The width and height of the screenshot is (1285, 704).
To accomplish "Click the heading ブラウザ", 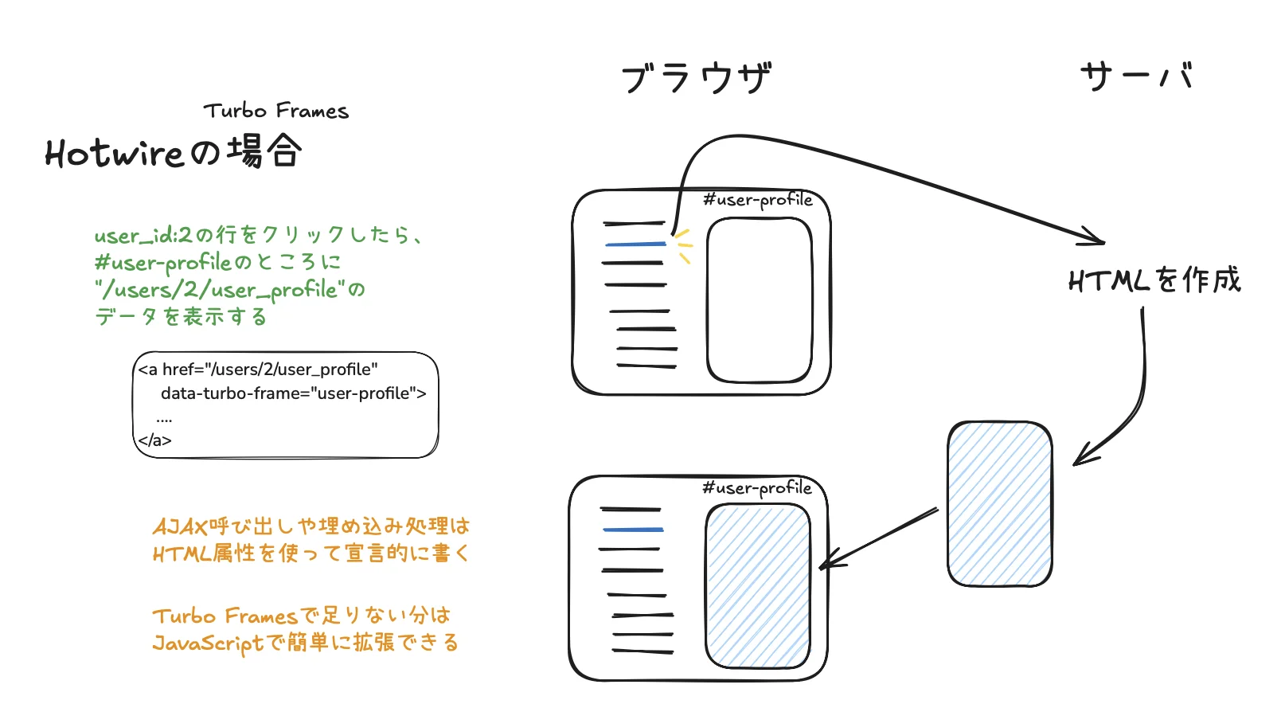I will tap(696, 78).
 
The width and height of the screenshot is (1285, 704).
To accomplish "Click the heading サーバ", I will tap(1137, 76).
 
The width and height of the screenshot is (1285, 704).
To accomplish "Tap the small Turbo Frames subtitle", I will tap(276, 111).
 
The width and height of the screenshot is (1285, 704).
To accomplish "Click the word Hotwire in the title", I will tap(115, 153).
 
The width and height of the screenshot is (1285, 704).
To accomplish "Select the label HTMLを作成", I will tap(1154, 280).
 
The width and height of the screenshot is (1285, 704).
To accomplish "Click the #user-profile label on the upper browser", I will tap(758, 200).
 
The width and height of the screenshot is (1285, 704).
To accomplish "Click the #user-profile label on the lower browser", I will tap(757, 488).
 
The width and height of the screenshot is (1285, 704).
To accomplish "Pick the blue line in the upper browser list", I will tap(635, 244).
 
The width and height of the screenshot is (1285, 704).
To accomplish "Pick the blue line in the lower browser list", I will tap(633, 530).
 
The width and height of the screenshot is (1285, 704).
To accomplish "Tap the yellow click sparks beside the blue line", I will tap(683, 244).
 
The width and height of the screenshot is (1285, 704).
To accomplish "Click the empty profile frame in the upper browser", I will tap(759, 300).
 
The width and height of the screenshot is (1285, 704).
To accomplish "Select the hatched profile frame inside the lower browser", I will tap(757, 586).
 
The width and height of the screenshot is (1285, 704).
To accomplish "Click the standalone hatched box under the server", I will tap(999, 504).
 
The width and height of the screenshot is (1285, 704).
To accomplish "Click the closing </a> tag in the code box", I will tap(154, 440).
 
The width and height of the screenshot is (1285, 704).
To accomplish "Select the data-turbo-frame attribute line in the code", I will tap(293, 393).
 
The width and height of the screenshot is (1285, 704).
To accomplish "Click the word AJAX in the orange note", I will tap(180, 526).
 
